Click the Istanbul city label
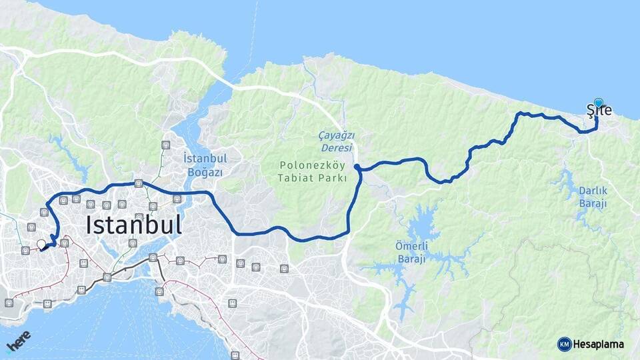click(x=134, y=225)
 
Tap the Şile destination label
click(x=599, y=111)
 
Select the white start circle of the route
click(x=41, y=244)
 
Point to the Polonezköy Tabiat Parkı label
click(x=313, y=171)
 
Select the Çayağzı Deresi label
click(x=336, y=141)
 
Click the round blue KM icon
click(x=564, y=345)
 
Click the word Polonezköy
click(x=313, y=164)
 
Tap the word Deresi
click(x=336, y=147)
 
